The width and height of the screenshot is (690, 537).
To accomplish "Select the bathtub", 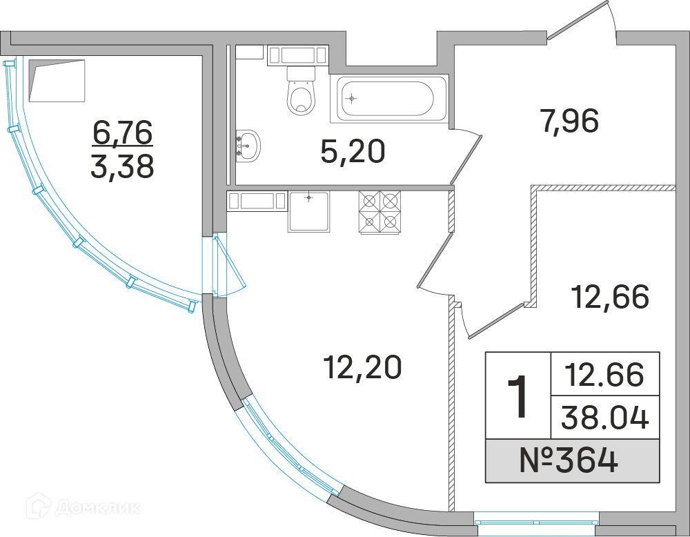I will [x=386, y=98].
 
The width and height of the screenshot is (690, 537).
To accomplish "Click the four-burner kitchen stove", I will [x=379, y=212].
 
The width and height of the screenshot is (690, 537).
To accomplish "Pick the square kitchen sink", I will [x=308, y=211].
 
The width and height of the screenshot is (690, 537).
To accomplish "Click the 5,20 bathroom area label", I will [x=352, y=150].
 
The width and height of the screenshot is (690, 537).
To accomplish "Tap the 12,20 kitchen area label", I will [x=362, y=367].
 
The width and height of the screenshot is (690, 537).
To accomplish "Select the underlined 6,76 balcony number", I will [x=122, y=133].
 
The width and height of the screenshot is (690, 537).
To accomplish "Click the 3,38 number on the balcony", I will [x=122, y=166].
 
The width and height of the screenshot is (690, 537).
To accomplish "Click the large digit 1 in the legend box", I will [x=517, y=396].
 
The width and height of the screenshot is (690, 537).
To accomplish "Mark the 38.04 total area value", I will [x=604, y=417].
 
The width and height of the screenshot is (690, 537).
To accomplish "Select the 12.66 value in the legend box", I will [x=604, y=374].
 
